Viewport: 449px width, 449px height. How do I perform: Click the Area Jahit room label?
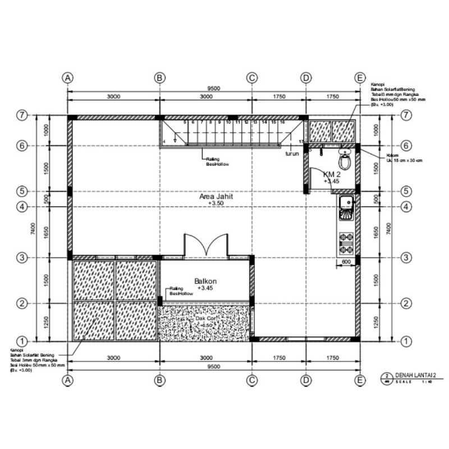(x=216, y=197)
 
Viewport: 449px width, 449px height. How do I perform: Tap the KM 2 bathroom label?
(x=331, y=175)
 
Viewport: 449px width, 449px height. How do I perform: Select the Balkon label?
(x=205, y=281)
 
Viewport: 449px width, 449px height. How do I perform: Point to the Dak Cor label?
(x=205, y=318)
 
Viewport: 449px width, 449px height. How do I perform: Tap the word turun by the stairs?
(x=291, y=153)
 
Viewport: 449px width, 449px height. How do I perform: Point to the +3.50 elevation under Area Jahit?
(x=216, y=204)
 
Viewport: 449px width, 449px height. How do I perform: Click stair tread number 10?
(x=228, y=122)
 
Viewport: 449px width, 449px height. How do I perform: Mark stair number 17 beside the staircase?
(x=301, y=141)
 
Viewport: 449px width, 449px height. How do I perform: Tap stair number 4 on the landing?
(x=164, y=141)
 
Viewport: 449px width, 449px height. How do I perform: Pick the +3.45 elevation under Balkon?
(x=205, y=287)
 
